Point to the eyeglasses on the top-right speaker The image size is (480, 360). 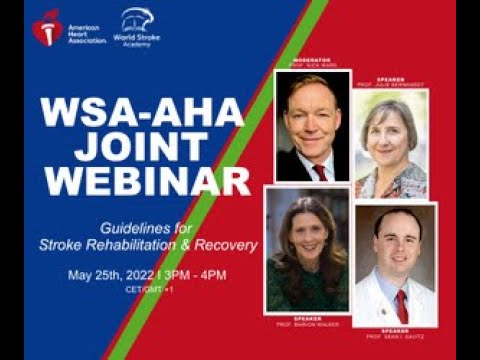[x=391, y=126]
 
